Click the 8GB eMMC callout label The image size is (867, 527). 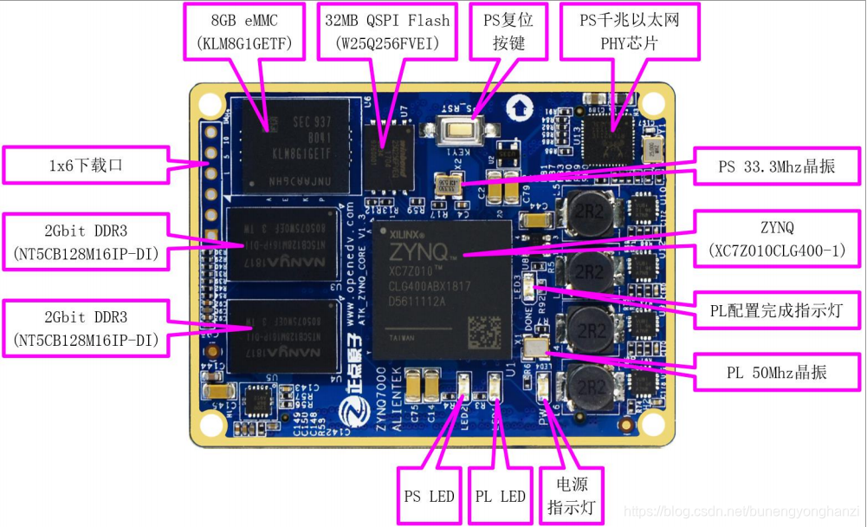pyautogui.click(x=244, y=30)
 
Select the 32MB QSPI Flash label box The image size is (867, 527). pyautogui.click(x=387, y=30)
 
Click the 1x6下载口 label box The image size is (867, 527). pyautogui.click(x=84, y=165)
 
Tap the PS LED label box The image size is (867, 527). pyautogui.click(x=429, y=497)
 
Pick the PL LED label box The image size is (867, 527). pyautogui.click(x=501, y=497)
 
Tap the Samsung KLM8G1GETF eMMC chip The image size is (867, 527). pyautogui.click(x=295, y=145)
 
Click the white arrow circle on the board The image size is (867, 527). pyautogui.click(x=518, y=107)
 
